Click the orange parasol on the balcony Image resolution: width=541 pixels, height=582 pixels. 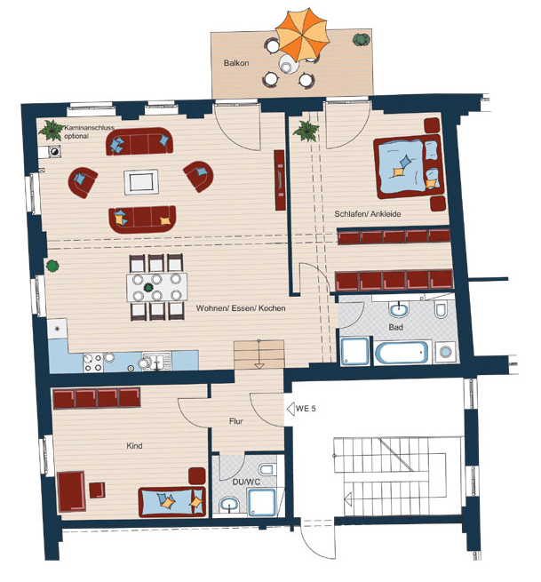(302, 36)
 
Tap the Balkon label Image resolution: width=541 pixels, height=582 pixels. (236, 63)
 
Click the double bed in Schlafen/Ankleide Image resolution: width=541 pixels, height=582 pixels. (409, 167)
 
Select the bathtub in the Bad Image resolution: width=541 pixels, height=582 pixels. (402, 352)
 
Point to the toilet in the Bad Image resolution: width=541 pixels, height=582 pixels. (441, 309)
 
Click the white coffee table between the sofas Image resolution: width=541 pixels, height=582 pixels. (141, 182)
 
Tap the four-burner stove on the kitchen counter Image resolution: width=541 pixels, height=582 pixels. (92, 363)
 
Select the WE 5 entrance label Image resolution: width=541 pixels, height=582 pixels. (306, 409)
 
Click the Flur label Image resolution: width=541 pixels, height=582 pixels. (236, 421)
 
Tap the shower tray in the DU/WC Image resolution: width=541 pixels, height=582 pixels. (262, 503)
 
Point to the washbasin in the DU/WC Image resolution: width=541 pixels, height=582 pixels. (229, 505)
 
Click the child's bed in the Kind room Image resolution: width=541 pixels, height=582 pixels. (171, 502)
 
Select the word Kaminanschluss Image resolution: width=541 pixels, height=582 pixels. (90, 128)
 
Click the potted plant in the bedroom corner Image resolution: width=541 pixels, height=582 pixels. (306, 131)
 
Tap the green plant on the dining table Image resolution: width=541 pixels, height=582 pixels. (148, 287)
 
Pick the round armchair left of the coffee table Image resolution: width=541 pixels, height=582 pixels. (83, 182)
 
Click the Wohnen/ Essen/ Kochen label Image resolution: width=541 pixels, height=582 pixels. (241, 308)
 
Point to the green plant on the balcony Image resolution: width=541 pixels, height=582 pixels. (361, 39)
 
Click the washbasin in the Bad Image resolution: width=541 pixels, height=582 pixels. (399, 309)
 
